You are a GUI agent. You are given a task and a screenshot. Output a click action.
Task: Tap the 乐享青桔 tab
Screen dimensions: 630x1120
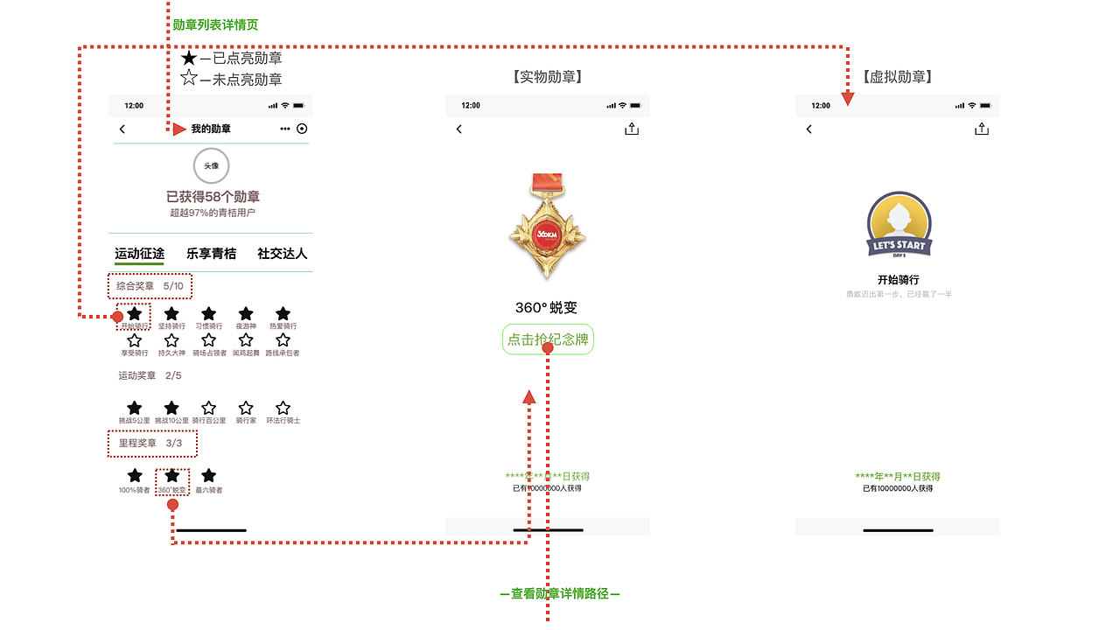(x=211, y=254)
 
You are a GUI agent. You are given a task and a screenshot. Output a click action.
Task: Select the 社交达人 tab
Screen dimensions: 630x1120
(x=282, y=254)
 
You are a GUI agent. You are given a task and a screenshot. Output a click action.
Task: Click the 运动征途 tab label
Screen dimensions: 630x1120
(x=139, y=254)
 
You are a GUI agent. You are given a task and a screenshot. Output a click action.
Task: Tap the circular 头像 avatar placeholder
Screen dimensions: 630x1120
(x=211, y=165)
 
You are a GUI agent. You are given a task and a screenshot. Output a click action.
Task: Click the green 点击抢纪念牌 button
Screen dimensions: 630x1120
(x=548, y=339)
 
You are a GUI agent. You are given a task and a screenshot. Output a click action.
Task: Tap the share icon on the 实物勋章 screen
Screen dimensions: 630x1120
(x=632, y=129)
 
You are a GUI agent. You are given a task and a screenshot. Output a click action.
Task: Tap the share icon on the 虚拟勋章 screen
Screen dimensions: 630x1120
(x=982, y=129)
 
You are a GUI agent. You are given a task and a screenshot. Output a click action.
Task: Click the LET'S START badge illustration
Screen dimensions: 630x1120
(x=899, y=226)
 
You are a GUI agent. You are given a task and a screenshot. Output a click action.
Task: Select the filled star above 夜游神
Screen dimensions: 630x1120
(x=246, y=313)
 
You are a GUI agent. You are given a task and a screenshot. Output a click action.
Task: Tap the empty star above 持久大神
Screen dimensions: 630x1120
(x=171, y=340)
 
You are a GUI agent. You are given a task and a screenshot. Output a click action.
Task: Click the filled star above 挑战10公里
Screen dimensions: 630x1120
(x=171, y=408)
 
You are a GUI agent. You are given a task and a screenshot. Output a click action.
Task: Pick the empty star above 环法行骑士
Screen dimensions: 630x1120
(x=283, y=408)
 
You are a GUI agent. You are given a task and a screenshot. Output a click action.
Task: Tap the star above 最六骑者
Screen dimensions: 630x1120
(x=208, y=475)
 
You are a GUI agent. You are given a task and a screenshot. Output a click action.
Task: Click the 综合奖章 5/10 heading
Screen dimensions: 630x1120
(x=150, y=286)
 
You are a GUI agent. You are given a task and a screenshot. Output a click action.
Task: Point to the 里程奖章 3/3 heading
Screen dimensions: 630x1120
(x=151, y=444)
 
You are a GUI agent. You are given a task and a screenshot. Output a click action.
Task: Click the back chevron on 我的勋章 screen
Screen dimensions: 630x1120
(x=122, y=129)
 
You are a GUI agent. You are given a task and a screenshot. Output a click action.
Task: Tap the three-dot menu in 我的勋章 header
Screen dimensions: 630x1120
(x=284, y=129)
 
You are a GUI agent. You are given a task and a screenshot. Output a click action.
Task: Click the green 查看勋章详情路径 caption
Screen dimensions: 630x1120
(x=560, y=594)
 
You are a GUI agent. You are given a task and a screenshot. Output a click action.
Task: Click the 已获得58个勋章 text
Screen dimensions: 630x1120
(x=213, y=197)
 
